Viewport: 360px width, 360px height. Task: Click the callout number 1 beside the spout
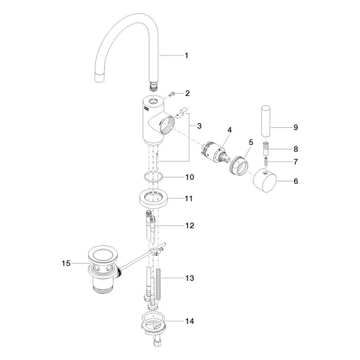click(x=186, y=55)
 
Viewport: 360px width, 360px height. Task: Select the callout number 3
click(x=199, y=126)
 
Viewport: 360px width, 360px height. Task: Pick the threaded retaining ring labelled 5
click(x=239, y=166)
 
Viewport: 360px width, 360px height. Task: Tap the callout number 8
click(x=296, y=149)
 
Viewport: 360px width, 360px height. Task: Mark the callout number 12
click(x=190, y=225)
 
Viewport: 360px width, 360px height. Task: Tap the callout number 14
click(x=190, y=321)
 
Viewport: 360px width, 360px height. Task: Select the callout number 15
click(x=66, y=263)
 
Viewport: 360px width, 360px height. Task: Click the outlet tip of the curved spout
click(x=100, y=78)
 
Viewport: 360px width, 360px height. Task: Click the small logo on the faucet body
click(x=147, y=109)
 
